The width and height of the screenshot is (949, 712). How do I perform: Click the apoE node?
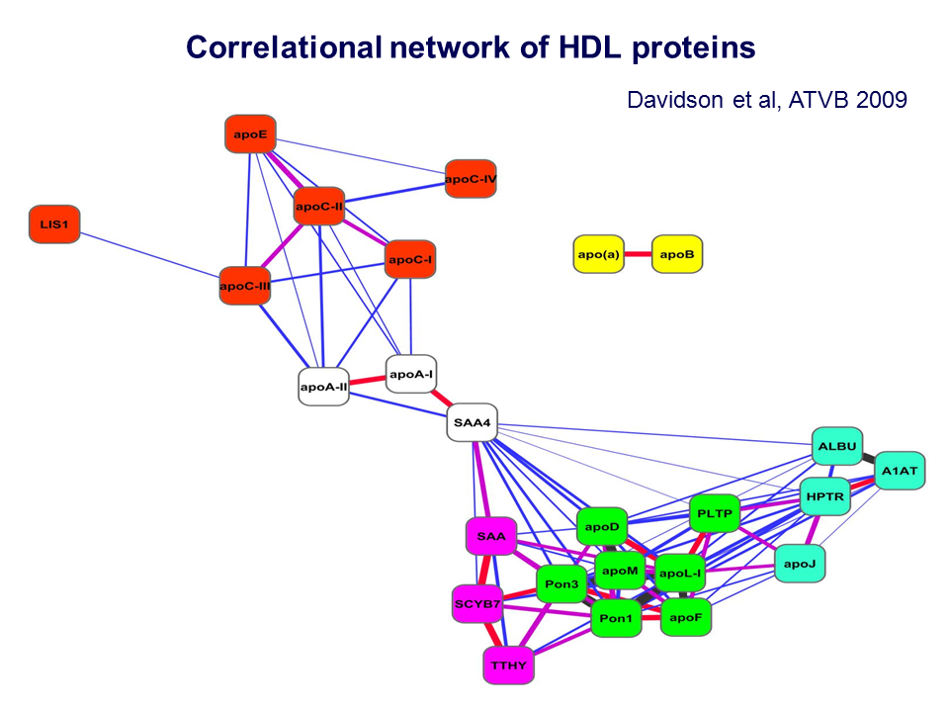(x=250, y=134)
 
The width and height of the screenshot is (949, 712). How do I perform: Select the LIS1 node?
(x=54, y=224)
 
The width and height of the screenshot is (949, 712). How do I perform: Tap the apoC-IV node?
(x=471, y=179)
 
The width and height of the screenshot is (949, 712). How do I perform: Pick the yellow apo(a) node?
(x=598, y=254)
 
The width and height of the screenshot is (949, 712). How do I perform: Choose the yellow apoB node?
(x=677, y=254)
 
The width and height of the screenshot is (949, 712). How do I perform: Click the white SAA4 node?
(x=472, y=423)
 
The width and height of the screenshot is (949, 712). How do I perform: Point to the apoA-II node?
(x=324, y=386)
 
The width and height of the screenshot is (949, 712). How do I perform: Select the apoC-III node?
(x=245, y=286)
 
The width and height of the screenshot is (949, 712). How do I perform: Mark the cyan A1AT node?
(x=900, y=470)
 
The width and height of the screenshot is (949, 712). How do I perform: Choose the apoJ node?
(x=800, y=563)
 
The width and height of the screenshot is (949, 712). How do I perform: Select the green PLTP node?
(x=713, y=513)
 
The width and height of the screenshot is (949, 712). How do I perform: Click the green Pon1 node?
(x=616, y=619)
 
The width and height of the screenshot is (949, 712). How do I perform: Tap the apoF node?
(x=684, y=617)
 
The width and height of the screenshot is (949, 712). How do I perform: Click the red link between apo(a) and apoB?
(x=638, y=254)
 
